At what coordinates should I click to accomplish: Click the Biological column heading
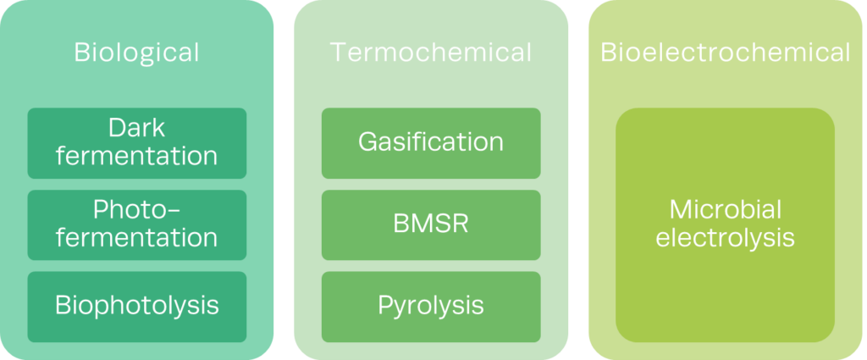coord(136,53)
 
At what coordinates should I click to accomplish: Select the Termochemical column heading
coord(431,53)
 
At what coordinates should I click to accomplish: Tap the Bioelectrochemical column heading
coord(726,53)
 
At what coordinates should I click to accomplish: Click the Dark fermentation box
coord(136,143)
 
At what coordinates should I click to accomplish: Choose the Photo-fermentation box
coord(136,224)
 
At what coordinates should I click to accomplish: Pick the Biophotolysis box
coord(136,306)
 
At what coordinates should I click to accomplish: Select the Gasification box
coord(431,143)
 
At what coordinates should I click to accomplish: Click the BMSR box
coord(431,224)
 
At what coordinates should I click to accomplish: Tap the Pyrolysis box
coord(431,306)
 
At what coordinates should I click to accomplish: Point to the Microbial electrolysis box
coord(726,224)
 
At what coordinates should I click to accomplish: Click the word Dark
coord(136,129)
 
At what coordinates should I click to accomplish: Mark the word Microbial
coord(726,210)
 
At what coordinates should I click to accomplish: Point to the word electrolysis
coord(726,238)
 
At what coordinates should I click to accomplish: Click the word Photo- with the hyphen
coord(136,210)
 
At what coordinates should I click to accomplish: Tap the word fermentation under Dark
coord(136,157)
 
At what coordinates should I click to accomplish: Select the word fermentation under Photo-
coord(136,238)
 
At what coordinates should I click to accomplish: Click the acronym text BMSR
coord(431,224)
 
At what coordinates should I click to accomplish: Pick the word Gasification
coord(431,141)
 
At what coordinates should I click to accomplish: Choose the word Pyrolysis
coord(431,306)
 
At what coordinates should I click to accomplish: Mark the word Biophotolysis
coord(136,306)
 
